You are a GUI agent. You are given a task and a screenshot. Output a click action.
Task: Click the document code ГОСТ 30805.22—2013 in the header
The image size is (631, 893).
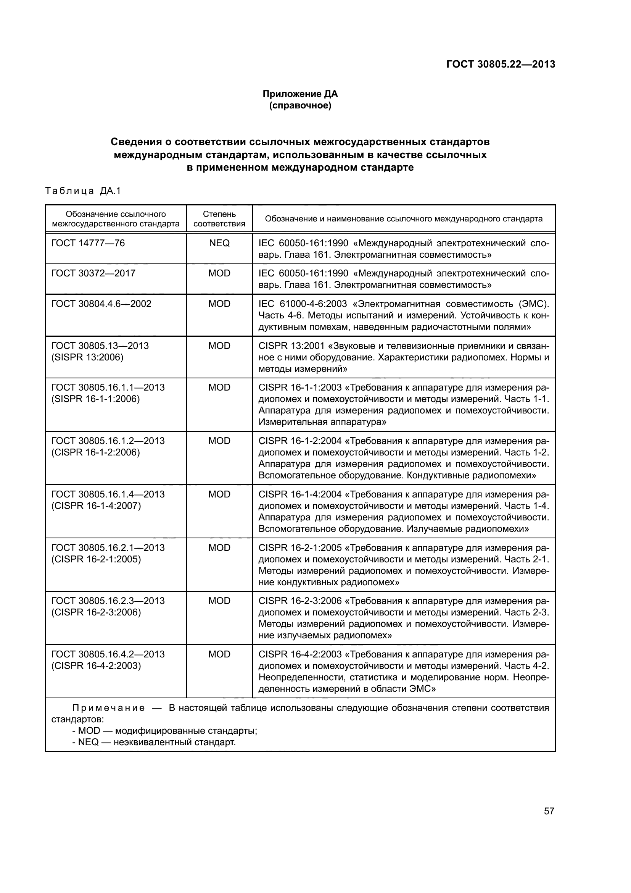[x=501, y=65]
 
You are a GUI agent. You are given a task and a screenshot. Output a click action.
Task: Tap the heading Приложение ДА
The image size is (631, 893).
[x=300, y=94]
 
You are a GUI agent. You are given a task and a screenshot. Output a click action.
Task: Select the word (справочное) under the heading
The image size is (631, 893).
[x=300, y=105]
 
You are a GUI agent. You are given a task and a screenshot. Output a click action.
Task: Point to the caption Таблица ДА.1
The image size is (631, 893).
[x=83, y=191]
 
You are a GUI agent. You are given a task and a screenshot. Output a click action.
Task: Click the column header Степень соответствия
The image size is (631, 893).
[x=219, y=219]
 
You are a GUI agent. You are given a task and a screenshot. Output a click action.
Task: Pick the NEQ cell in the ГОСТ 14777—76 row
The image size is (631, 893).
[x=219, y=243]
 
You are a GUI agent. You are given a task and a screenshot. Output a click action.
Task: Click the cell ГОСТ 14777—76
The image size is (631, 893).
[x=88, y=243]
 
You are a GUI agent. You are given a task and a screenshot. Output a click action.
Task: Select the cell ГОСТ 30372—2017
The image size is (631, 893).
[x=93, y=273]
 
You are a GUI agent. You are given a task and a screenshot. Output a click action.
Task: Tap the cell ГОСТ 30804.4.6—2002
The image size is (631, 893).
[x=101, y=304]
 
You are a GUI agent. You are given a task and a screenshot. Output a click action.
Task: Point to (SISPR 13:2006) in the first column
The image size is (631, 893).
[x=87, y=357]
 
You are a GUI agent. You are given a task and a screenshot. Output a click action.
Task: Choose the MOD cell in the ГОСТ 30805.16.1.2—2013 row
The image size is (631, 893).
[x=219, y=441]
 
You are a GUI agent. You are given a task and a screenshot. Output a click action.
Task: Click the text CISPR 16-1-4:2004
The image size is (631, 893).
[x=300, y=494]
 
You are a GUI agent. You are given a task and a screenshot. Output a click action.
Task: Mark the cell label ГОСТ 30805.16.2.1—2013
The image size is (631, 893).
[x=108, y=547]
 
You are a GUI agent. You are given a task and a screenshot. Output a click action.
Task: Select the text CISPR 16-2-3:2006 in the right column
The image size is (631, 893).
[x=300, y=601]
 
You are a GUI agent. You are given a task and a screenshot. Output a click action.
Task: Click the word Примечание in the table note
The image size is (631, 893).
[x=109, y=707]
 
